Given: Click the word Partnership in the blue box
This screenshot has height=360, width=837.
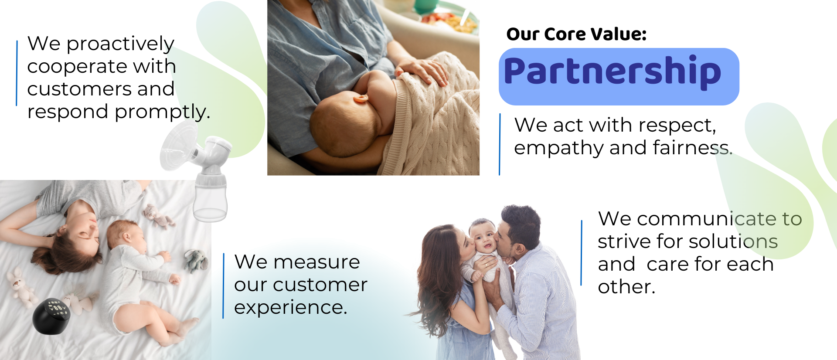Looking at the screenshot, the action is [612, 72].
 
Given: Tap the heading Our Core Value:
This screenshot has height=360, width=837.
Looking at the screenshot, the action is [576, 34].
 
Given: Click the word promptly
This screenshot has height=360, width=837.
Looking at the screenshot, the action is [162, 112].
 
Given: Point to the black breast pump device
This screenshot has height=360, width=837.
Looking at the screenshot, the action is [51, 316].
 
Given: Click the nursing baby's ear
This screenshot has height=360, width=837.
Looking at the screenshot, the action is [361, 98].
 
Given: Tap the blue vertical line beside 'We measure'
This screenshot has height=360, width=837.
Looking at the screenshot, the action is [223, 286].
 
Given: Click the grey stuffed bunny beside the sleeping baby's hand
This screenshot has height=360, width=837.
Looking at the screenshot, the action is [196, 260].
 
